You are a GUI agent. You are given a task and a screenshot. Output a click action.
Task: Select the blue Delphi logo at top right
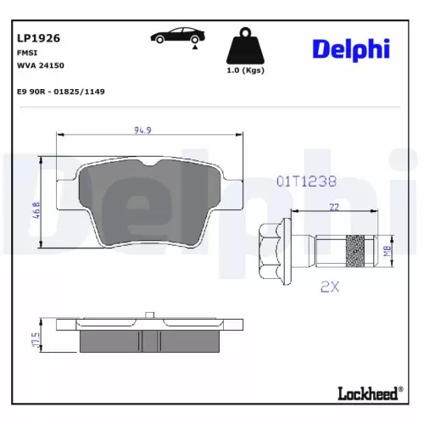pos(349,48)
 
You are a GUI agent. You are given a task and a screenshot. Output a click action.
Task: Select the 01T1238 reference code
pos(307,181)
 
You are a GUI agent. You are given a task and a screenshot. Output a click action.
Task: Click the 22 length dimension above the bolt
pos(335,207)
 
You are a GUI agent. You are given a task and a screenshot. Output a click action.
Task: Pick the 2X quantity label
pos(330,287)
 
